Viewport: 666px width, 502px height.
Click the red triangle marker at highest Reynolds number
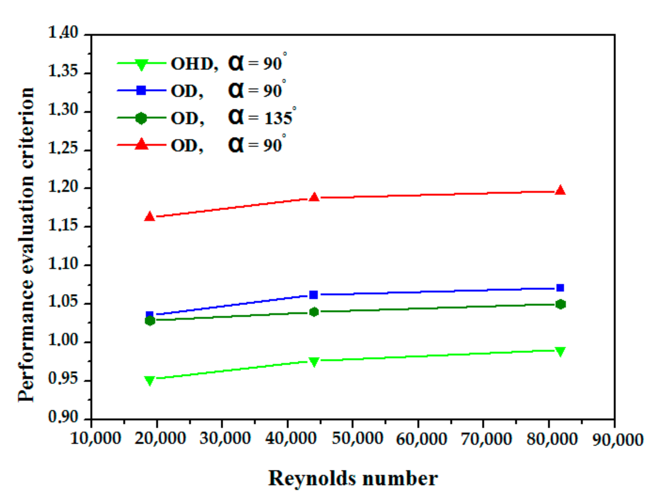pos(560,191)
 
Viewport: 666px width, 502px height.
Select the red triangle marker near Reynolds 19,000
pos(150,216)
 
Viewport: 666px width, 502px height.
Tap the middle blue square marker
pos(314,294)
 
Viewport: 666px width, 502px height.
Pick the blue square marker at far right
pos(560,288)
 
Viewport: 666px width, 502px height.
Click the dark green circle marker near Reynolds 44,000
pos(314,312)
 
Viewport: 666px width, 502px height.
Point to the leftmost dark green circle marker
pos(150,321)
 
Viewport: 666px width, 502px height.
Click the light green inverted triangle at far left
pos(150,380)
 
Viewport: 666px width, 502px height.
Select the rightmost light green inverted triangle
pos(560,352)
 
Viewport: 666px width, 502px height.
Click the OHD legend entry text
pos(194,64)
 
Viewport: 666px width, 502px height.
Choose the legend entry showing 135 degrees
pos(233,118)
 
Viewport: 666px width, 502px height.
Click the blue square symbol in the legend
pos(141,90)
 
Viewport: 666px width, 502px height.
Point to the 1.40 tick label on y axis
pos(63,32)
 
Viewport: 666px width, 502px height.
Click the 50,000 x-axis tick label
pos(357,439)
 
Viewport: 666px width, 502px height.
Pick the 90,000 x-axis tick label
pos(618,440)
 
